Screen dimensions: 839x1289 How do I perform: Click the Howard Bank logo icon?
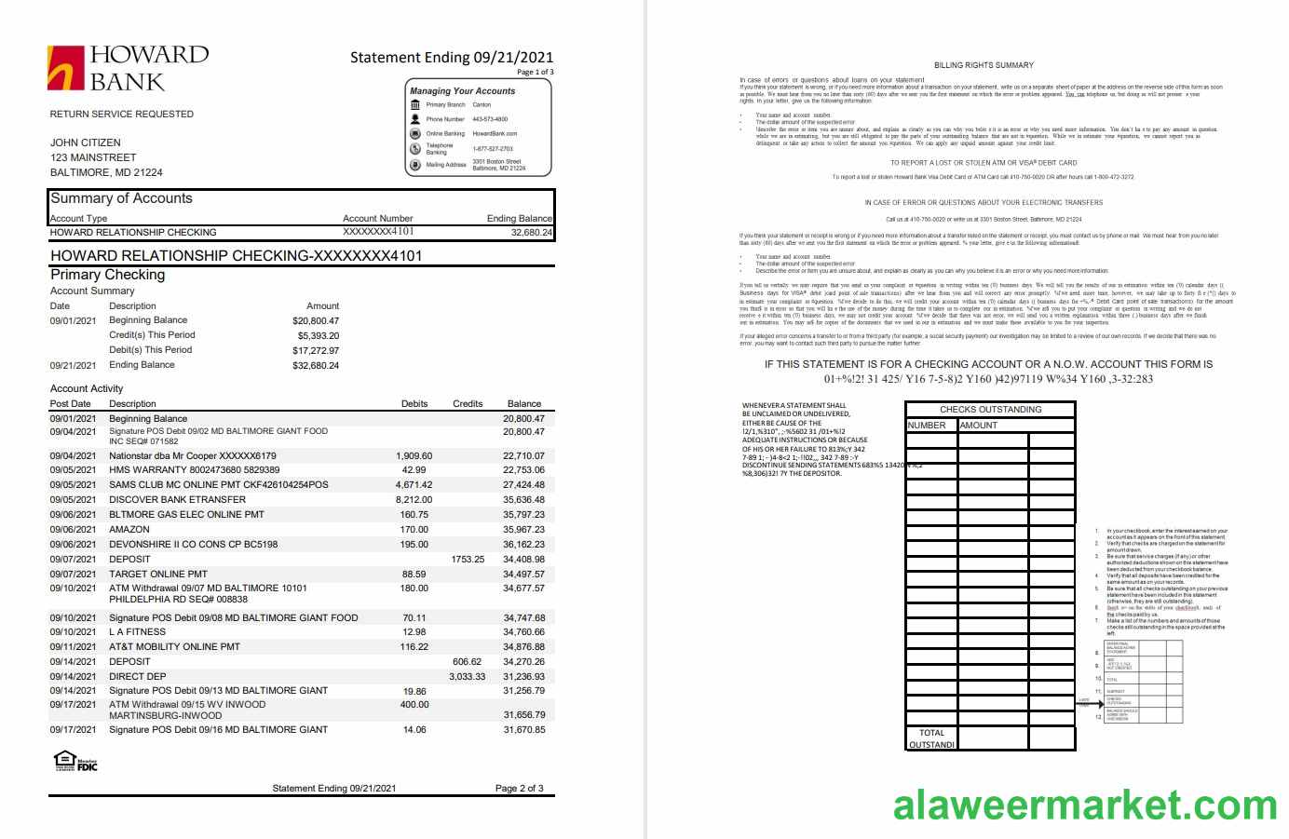[x=66, y=68]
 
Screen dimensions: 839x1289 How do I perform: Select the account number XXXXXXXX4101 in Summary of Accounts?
[x=378, y=232]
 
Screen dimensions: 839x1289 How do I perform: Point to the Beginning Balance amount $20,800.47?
[x=315, y=320]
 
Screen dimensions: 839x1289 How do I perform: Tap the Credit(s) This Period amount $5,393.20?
[x=318, y=335]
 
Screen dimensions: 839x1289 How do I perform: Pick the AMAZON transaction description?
[x=129, y=530]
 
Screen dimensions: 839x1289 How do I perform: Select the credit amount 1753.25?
[x=468, y=560]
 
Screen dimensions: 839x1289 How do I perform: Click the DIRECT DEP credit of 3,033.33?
[x=467, y=677]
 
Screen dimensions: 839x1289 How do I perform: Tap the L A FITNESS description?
[x=137, y=632]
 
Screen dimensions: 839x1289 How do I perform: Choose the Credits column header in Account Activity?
[x=468, y=404]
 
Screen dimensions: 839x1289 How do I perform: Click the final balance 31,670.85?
[x=523, y=730]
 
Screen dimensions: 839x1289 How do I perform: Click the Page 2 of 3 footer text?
[x=519, y=789]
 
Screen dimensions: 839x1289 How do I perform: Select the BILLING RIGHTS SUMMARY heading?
[x=984, y=65]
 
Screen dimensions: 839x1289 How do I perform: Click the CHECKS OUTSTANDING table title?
[x=990, y=410]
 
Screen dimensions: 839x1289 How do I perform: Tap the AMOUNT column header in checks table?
[x=978, y=426]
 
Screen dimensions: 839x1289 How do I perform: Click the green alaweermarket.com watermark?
[x=1085, y=805]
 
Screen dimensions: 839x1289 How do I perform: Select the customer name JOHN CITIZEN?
[x=86, y=142]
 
